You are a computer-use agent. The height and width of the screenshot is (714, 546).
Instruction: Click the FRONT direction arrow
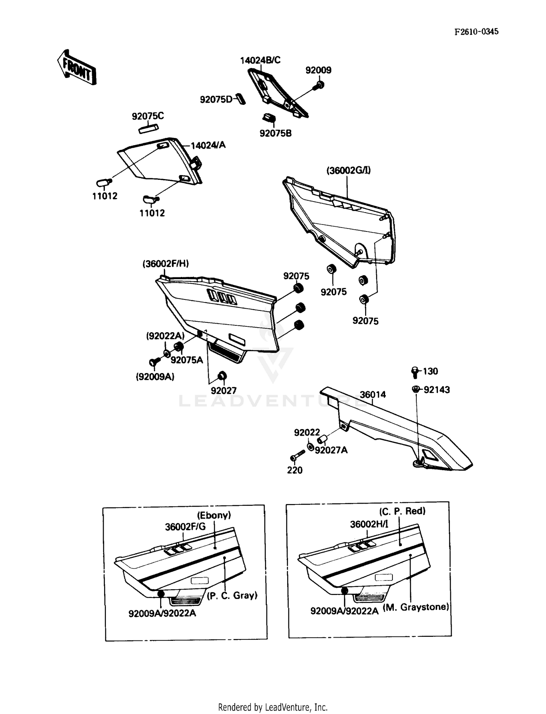77,68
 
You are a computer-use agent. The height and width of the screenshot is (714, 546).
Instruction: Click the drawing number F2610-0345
476,32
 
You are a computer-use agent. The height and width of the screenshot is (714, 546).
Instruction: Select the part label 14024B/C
260,60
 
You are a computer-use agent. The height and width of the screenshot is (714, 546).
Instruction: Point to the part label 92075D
216,99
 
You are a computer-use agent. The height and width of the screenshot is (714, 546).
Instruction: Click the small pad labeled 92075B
269,118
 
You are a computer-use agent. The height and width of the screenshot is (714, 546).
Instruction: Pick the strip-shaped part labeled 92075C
149,128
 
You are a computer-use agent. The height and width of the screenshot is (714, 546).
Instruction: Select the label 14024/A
208,145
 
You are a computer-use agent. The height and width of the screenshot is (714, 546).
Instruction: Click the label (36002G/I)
348,170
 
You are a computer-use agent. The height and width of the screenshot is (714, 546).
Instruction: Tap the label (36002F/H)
166,263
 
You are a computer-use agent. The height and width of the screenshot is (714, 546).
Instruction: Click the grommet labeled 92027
222,376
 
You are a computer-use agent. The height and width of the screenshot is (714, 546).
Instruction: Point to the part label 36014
373,394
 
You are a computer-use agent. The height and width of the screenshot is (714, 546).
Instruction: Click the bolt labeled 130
415,371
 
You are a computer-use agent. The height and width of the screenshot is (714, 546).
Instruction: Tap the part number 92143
436,390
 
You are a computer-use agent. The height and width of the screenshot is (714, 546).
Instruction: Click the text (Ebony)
214,515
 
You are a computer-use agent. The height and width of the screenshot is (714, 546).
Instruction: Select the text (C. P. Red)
402,511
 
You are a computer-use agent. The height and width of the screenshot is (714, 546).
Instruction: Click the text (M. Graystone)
416,607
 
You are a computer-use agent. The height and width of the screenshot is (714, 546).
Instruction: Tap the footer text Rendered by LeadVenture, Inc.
273,707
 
